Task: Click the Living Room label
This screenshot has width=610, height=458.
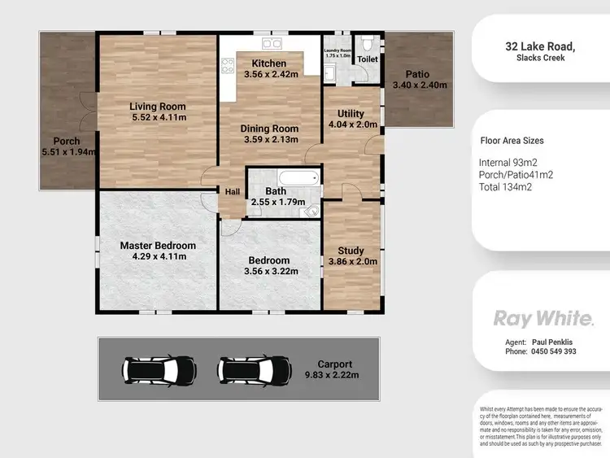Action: coord(158,107)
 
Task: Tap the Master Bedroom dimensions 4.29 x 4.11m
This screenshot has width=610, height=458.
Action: coord(158,256)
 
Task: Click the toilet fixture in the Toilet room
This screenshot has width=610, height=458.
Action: coord(368,43)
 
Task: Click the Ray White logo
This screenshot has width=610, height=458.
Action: coord(543,318)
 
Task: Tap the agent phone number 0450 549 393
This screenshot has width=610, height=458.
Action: coord(553,351)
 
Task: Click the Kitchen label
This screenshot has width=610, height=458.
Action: coord(268,63)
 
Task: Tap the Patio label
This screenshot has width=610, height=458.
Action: coord(417,74)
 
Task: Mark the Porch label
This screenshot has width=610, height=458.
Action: coord(67,141)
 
